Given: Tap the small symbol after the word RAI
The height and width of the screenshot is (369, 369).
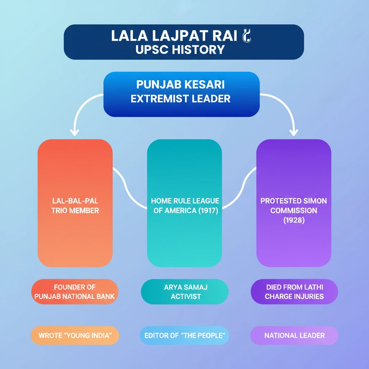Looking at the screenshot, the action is click(248, 36).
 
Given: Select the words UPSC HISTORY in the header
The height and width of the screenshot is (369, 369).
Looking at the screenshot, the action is click(180, 49).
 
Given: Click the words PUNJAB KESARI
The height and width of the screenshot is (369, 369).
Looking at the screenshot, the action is click(181, 85).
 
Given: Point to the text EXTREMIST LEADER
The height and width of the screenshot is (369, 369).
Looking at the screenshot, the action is click(181, 99).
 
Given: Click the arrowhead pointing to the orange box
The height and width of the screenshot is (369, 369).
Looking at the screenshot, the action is click(75, 132).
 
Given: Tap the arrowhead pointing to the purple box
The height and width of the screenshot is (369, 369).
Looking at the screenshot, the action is click(294, 132).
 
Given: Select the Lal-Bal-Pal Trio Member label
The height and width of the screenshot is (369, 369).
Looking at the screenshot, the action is click(75, 206).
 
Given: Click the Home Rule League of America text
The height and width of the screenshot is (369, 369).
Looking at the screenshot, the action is click(185, 201).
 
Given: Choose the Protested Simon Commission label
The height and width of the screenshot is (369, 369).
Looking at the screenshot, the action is click(294, 205).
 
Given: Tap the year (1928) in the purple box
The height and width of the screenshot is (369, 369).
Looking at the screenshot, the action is click(294, 220).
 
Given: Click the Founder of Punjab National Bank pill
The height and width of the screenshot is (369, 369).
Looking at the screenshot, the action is click(75, 292).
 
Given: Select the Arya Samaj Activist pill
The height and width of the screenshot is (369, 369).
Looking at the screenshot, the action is click(185, 292).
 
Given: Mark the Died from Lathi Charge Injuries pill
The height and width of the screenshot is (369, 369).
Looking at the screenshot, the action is click(294, 292).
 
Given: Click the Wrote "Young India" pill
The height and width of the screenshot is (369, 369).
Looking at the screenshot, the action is click(75, 335).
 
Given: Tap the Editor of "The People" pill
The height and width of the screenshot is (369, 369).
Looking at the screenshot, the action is click(185, 335).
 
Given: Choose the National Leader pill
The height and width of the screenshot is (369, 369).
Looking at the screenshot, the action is click(294, 335).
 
